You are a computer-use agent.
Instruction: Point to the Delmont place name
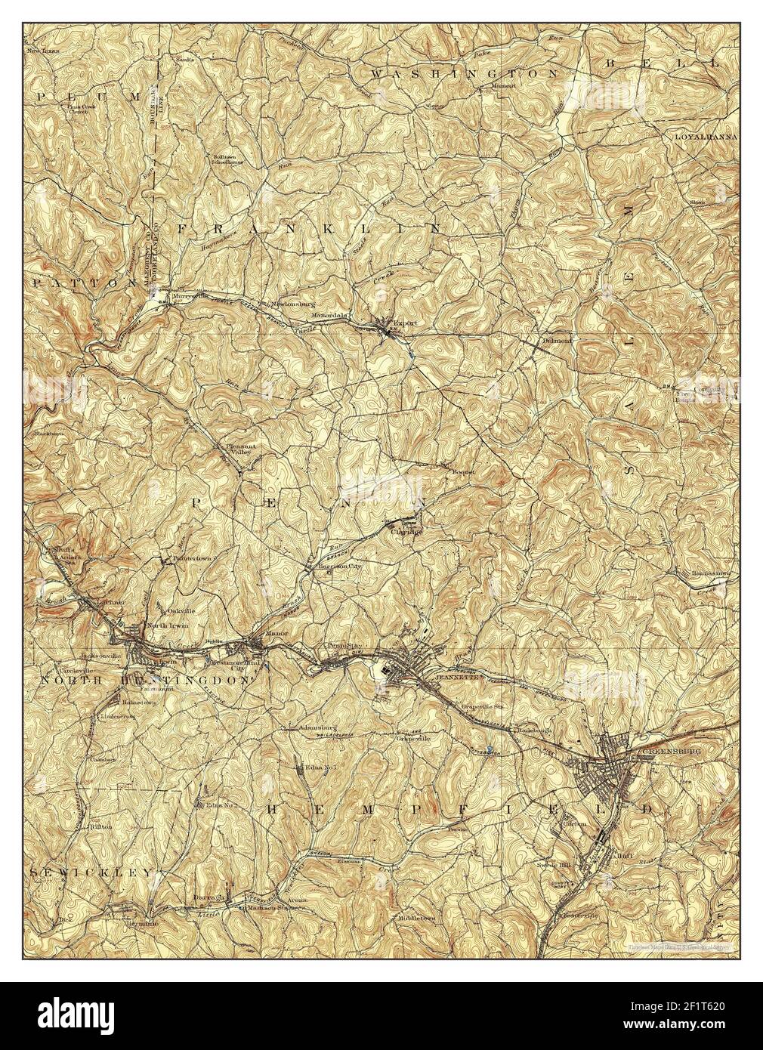(x=554, y=340)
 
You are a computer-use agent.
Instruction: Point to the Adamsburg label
(x=305, y=728)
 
